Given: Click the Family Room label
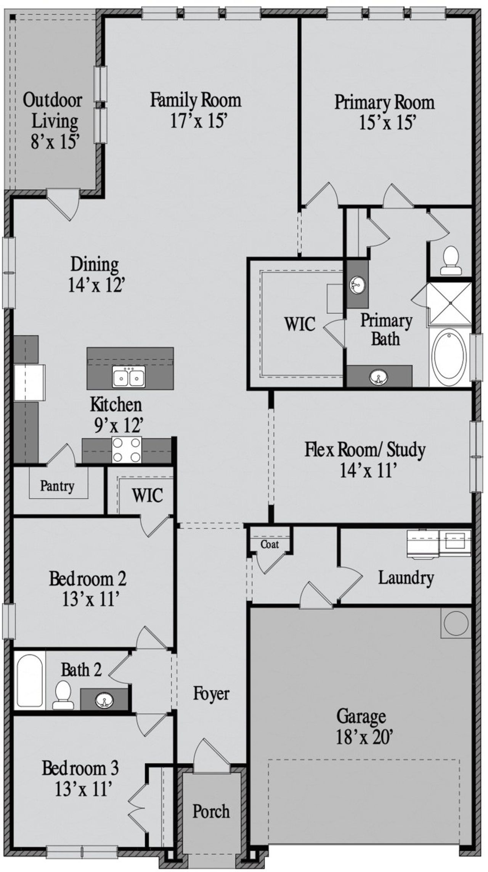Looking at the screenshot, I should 196,100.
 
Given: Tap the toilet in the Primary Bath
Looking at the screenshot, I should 451,261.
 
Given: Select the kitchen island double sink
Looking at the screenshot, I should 128,377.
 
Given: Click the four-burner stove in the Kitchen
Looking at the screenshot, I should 126,450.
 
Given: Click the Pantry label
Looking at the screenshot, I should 57,486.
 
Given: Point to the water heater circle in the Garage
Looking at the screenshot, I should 456,623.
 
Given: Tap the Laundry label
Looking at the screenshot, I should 406,578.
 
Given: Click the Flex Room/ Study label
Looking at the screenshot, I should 365,450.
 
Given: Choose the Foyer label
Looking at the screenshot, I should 211,694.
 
